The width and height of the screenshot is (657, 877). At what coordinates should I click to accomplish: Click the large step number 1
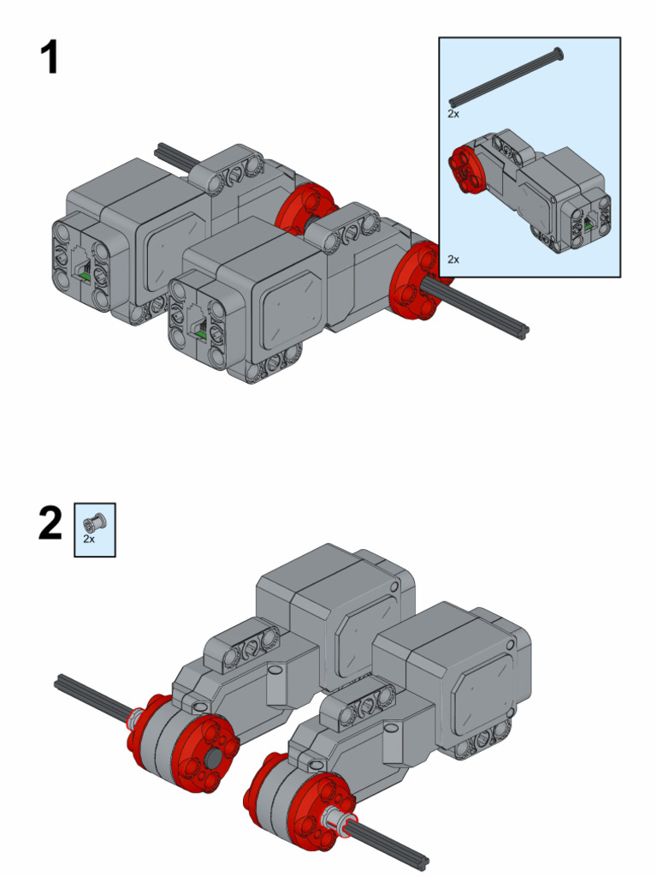(x=50, y=58)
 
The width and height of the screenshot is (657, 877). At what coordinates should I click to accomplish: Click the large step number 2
(x=50, y=524)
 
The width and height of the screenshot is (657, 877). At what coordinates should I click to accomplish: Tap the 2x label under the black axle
(x=453, y=113)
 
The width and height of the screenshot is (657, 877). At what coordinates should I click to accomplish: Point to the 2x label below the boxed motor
(x=453, y=259)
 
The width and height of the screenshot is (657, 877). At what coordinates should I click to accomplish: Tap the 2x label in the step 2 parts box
(x=89, y=540)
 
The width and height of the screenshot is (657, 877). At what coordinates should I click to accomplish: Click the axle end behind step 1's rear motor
(x=163, y=152)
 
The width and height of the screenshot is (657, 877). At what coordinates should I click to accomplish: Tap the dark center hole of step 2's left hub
(x=210, y=761)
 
